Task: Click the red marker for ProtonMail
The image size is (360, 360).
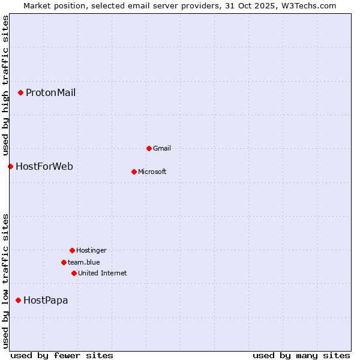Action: [x=20, y=92]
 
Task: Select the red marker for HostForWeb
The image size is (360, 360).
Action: [x=10, y=166]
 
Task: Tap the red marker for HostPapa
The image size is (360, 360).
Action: [x=18, y=300]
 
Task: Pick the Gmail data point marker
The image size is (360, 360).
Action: [x=149, y=148]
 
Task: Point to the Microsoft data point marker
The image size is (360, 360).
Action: [x=134, y=172]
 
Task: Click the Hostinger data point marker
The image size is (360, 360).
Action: [x=72, y=250]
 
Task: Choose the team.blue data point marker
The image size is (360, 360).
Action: [x=64, y=262]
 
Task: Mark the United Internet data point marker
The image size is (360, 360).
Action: [x=74, y=273]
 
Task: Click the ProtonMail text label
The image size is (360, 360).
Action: [x=50, y=92]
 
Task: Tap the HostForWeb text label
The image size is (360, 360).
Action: [x=44, y=166]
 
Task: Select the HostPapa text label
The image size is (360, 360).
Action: [x=46, y=300]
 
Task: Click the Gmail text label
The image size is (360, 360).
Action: [x=162, y=148]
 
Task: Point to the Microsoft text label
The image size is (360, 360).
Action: [x=152, y=172]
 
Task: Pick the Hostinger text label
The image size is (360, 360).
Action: [x=91, y=250]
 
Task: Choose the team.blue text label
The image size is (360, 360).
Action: [x=84, y=262]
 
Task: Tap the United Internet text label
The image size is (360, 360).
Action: [x=102, y=273]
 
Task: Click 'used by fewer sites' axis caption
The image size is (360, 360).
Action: [x=62, y=355]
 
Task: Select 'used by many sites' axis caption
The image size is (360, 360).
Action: [x=301, y=355]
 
